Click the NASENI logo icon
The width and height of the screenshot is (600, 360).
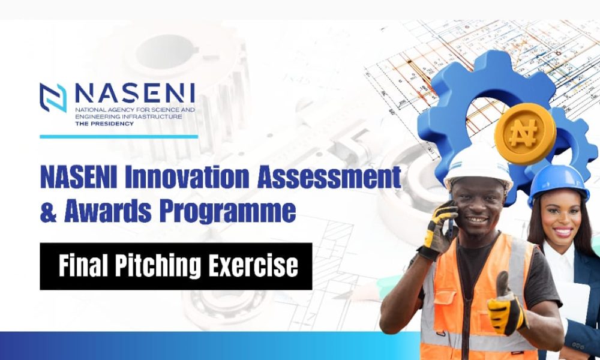(x=53, y=98)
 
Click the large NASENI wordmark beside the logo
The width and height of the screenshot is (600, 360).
(x=135, y=94)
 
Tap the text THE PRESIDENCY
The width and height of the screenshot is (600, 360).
(x=104, y=124)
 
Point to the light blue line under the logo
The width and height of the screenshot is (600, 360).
(x=119, y=137)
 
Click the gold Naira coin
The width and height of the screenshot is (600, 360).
(x=525, y=134)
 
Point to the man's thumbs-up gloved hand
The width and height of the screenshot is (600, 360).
(x=506, y=306)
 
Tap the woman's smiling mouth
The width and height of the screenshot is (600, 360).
(x=563, y=232)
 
